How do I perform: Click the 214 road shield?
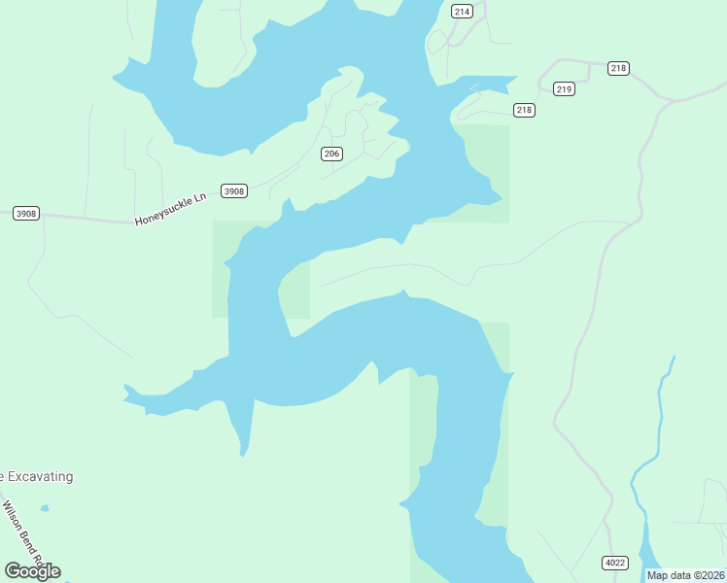click(462, 12)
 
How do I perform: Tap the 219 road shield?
click(564, 89)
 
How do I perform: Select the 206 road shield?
click(332, 154)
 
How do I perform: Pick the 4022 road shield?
click(614, 563)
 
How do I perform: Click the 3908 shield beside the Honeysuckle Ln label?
click(234, 191)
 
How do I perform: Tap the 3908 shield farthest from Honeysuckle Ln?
click(26, 213)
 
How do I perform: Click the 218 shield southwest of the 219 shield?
click(524, 110)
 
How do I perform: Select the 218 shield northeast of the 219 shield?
click(619, 68)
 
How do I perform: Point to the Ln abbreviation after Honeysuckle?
click(200, 198)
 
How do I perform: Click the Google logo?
click(32, 570)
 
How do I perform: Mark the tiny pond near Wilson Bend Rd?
click(45, 508)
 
